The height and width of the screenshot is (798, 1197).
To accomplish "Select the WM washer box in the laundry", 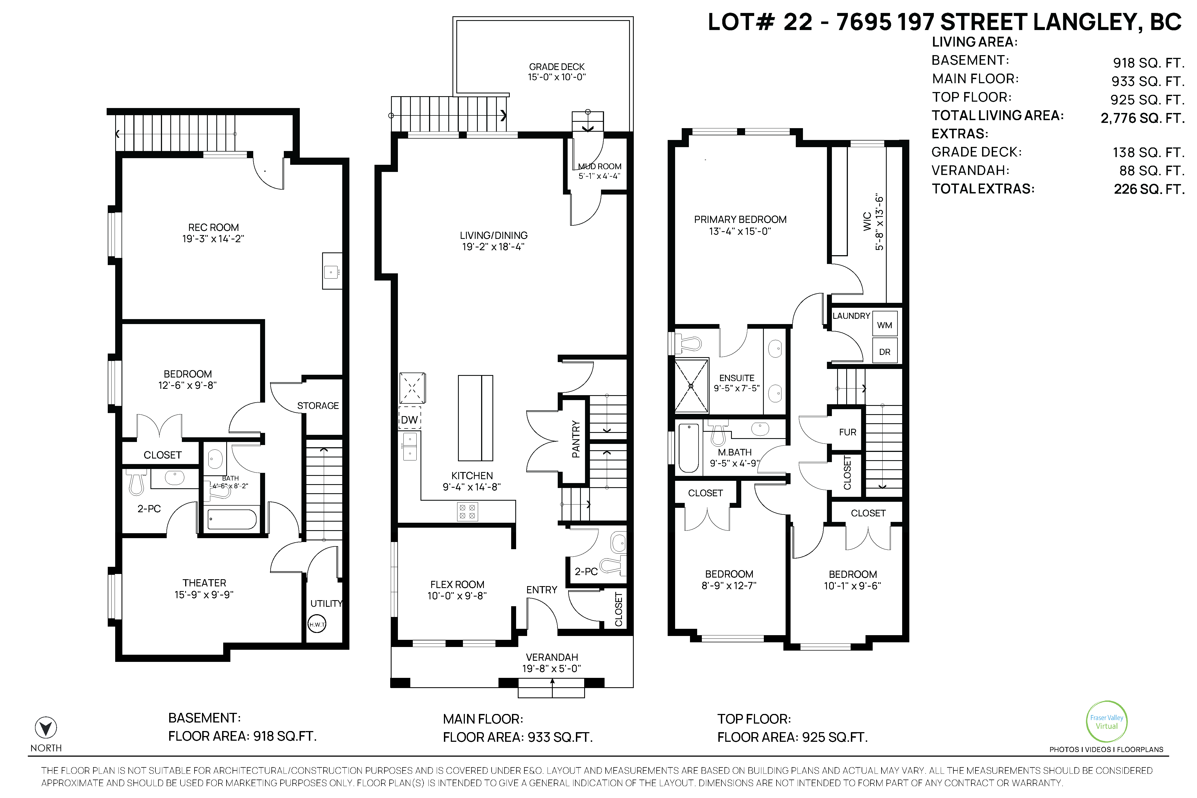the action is [x=885, y=325].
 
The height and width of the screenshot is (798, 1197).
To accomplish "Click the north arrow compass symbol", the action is [x=46, y=728].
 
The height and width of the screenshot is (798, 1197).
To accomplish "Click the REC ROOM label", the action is [x=213, y=228].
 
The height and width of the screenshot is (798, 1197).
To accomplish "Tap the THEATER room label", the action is [x=204, y=583].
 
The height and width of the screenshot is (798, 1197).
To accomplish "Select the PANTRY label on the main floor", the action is [x=576, y=439].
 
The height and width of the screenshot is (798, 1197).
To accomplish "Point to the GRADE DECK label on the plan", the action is [x=557, y=67].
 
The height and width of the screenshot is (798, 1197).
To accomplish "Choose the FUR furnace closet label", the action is [x=847, y=432].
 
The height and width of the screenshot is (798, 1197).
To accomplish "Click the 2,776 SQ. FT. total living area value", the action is [x=1142, y=118].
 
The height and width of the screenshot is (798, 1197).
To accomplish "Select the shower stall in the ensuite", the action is [x=691, y=386].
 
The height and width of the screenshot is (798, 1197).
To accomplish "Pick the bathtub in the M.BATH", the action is [x=689, y=448].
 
